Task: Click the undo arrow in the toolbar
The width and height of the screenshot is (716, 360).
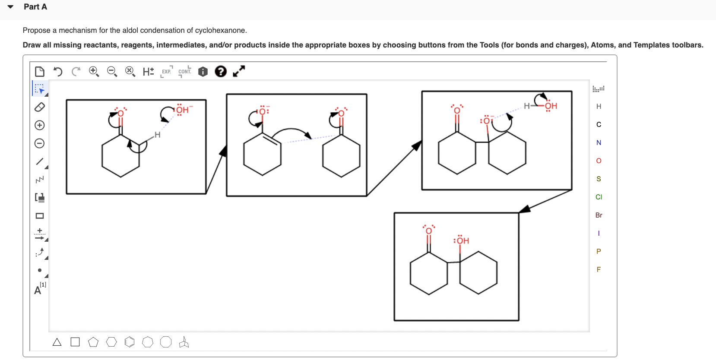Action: point(58,71)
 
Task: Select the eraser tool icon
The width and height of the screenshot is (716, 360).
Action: point(39,107)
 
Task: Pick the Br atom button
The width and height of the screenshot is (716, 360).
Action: point(599,215)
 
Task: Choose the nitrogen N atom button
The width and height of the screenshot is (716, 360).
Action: point(599,142)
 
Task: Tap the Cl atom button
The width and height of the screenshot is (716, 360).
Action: point(599,197)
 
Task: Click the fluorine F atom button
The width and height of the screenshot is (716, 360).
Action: point(599,269)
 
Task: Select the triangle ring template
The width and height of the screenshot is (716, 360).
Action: point(57,342)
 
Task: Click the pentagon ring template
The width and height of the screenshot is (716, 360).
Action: point(93,342)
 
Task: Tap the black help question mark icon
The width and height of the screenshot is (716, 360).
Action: point(221,71)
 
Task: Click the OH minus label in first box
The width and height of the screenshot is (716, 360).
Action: point(183,110)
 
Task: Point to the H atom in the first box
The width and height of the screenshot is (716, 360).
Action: point(157,135)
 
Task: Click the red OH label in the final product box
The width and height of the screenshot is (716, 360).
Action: point(462,240)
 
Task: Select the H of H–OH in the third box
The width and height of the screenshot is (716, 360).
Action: point(526,106)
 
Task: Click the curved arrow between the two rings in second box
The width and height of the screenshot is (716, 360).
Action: point(291,130)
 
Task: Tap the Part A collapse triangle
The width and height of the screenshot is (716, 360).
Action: point(10,7)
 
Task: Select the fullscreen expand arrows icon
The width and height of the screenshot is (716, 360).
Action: point(239,71)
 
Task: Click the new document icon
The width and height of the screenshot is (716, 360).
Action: point(39,71)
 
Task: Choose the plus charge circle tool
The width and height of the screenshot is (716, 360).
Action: point(39,125)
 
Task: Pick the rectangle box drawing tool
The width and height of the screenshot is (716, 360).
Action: point(39,216)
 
